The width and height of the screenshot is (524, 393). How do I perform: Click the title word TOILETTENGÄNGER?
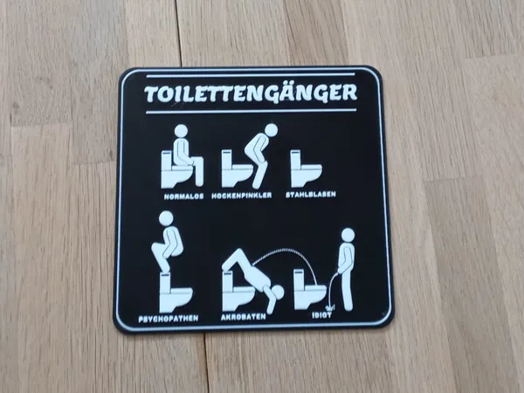(251, 93)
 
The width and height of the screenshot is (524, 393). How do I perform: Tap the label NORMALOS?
(183, 196)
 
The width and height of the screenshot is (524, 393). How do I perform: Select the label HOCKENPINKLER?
(242, 195)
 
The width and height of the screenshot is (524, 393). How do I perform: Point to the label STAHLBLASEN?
(311, 194)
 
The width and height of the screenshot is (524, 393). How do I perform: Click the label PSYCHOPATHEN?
(169, 319)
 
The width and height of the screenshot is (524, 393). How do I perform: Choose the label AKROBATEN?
(244, 316)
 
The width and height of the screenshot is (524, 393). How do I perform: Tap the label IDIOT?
(321, 315)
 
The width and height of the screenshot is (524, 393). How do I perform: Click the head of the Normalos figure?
(181, 131)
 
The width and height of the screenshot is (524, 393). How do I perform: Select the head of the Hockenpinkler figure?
(271, 130)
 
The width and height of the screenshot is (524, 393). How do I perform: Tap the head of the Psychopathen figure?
(166, 218)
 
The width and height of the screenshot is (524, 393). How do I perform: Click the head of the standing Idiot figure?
(348, 235)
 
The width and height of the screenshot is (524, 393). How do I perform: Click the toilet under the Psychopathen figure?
(176, 293)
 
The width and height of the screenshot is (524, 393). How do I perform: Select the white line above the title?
(251, 75)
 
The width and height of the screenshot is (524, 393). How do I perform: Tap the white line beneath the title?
(251, 111)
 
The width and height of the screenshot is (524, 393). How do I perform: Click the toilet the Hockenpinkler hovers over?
(237, 169)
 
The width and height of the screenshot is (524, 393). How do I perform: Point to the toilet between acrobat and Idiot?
(310, 290)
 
